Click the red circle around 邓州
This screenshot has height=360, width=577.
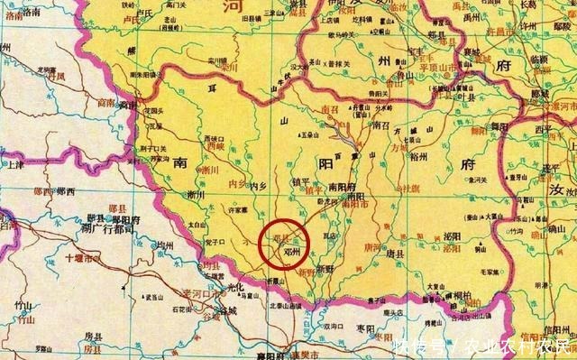284,243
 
